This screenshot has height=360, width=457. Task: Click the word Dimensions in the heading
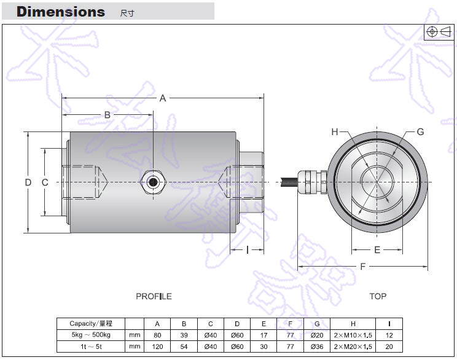(60, 12)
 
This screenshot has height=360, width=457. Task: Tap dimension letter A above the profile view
(163, 98)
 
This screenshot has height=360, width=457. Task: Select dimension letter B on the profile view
(107, 115)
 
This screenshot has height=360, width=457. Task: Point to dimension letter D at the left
(28, 182)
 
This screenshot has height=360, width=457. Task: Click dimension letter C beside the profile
(44, 182)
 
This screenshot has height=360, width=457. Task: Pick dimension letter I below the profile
(247, 249)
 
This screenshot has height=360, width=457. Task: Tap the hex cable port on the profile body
(150, 182)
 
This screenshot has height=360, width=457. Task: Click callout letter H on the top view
(335, 131)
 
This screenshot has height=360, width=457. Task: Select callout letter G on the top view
(420, 131)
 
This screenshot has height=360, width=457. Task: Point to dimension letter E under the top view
(377, 249)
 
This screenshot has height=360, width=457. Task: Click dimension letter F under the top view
(363, 267)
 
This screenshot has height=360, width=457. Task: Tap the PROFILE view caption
(154, 296)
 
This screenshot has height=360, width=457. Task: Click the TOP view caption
(378, 296)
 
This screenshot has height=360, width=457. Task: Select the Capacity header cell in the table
(90, 324)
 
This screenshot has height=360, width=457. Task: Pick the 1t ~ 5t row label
(90, 346)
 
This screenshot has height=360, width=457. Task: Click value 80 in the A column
(157, 335)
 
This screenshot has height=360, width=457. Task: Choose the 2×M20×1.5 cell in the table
(353, 346)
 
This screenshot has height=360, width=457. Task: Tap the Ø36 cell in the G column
(317, 346)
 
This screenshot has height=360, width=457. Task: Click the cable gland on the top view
(311, 181)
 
